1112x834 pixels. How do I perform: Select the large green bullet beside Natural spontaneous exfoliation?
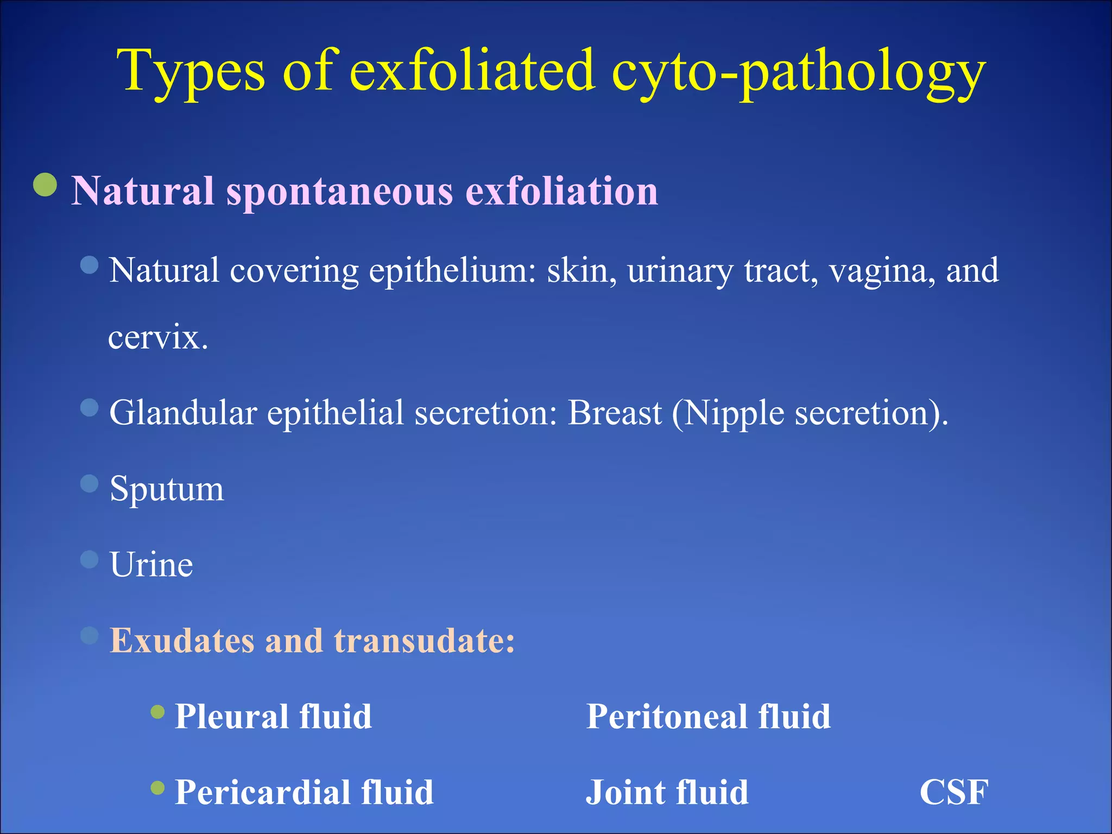[x=45, y=185]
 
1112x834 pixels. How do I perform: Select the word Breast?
[x=614, y=413]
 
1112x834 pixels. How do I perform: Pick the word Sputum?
[x=166, y=489]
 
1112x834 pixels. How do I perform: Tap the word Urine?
[x=151, y=565]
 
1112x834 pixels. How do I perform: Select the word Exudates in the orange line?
[x=181, y=641]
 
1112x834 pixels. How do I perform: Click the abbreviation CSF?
[x=954, y=792]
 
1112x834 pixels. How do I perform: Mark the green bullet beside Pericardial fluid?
[x=157, y=787]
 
